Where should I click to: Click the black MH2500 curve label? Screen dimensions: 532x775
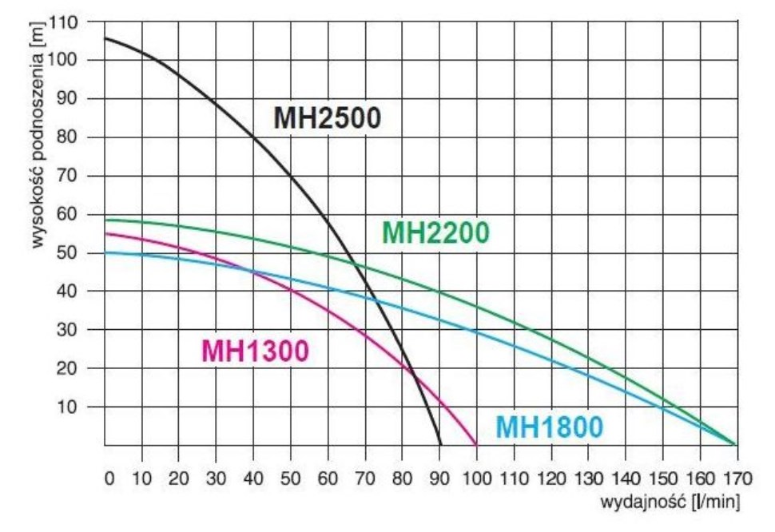tap(328, 118)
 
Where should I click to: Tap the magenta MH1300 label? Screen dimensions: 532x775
tap(255, 351)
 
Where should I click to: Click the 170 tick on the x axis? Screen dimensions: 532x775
tap(736, 478)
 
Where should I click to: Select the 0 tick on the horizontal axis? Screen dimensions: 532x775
tap(109, 478)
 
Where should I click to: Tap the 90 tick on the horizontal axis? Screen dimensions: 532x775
tap(439, 478)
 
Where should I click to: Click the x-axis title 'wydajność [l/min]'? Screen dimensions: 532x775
tap(670, 502)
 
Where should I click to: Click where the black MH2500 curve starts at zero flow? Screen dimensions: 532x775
tap(105, 38)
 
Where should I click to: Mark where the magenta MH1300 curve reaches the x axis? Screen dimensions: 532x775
tap(476, 444)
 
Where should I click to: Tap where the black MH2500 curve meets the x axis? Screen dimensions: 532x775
tap(440, 444)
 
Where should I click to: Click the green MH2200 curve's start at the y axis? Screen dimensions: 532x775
tap(105, 220)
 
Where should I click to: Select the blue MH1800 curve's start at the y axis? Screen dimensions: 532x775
tap(105, 252)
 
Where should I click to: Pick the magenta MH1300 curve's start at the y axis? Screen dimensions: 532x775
tap(105, 233)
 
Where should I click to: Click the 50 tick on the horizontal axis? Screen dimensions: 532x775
tap(291, 478)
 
